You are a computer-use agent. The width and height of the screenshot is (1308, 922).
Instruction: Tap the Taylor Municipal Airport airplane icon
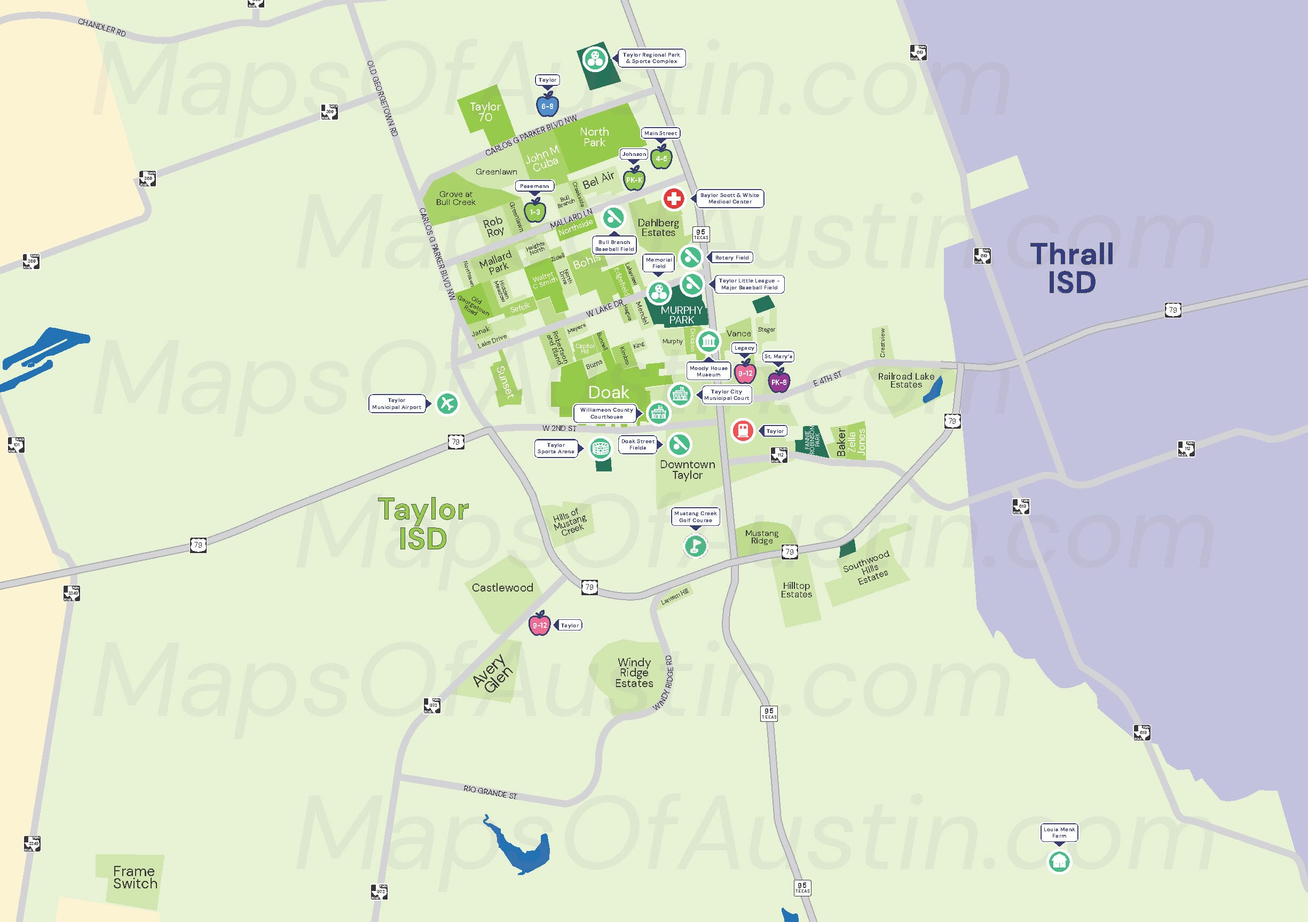point(447,404)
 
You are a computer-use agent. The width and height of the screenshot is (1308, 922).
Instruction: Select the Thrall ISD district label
point(1071,268)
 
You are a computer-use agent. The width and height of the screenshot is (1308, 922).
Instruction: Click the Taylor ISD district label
point(423,524)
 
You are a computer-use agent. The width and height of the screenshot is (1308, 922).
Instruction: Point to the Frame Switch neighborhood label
point(135,878)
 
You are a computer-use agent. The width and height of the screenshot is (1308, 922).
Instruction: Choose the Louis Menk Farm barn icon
point(1059,861)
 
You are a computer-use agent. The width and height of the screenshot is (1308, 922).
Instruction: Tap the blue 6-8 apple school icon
point(547,105)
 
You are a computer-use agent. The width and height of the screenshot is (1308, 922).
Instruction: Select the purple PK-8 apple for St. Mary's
point(779,382)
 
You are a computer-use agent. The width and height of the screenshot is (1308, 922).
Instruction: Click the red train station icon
point(743,430)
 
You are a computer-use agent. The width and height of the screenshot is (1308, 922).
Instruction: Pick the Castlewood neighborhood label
point(502,587)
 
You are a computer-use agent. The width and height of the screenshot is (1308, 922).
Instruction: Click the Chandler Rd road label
point(102,27)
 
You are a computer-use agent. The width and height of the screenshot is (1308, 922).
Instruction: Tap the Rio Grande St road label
point(490,792)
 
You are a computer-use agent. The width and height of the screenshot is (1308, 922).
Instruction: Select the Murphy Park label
point(681,314)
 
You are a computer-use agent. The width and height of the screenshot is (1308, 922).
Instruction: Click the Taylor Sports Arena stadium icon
point(600,448)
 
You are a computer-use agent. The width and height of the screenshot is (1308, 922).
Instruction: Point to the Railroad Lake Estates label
point(906,380)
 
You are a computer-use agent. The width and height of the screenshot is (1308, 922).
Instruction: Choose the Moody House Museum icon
point(708,341)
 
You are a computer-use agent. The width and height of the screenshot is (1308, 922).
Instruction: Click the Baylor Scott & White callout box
point(729,198)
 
